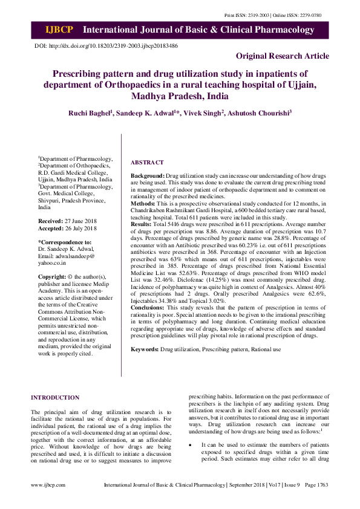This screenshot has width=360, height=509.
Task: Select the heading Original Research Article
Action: pyautogui.click(x=283, y=56)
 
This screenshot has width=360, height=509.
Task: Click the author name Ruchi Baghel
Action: pyautogui.click(x=89, y=113)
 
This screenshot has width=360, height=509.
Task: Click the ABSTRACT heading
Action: pyautogui.click(x=147, y=163)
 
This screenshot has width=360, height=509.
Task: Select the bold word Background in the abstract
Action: pyautogui.click(x=147, y=175)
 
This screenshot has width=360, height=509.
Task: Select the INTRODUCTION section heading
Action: pyautogui.click(x=54, y=398)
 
